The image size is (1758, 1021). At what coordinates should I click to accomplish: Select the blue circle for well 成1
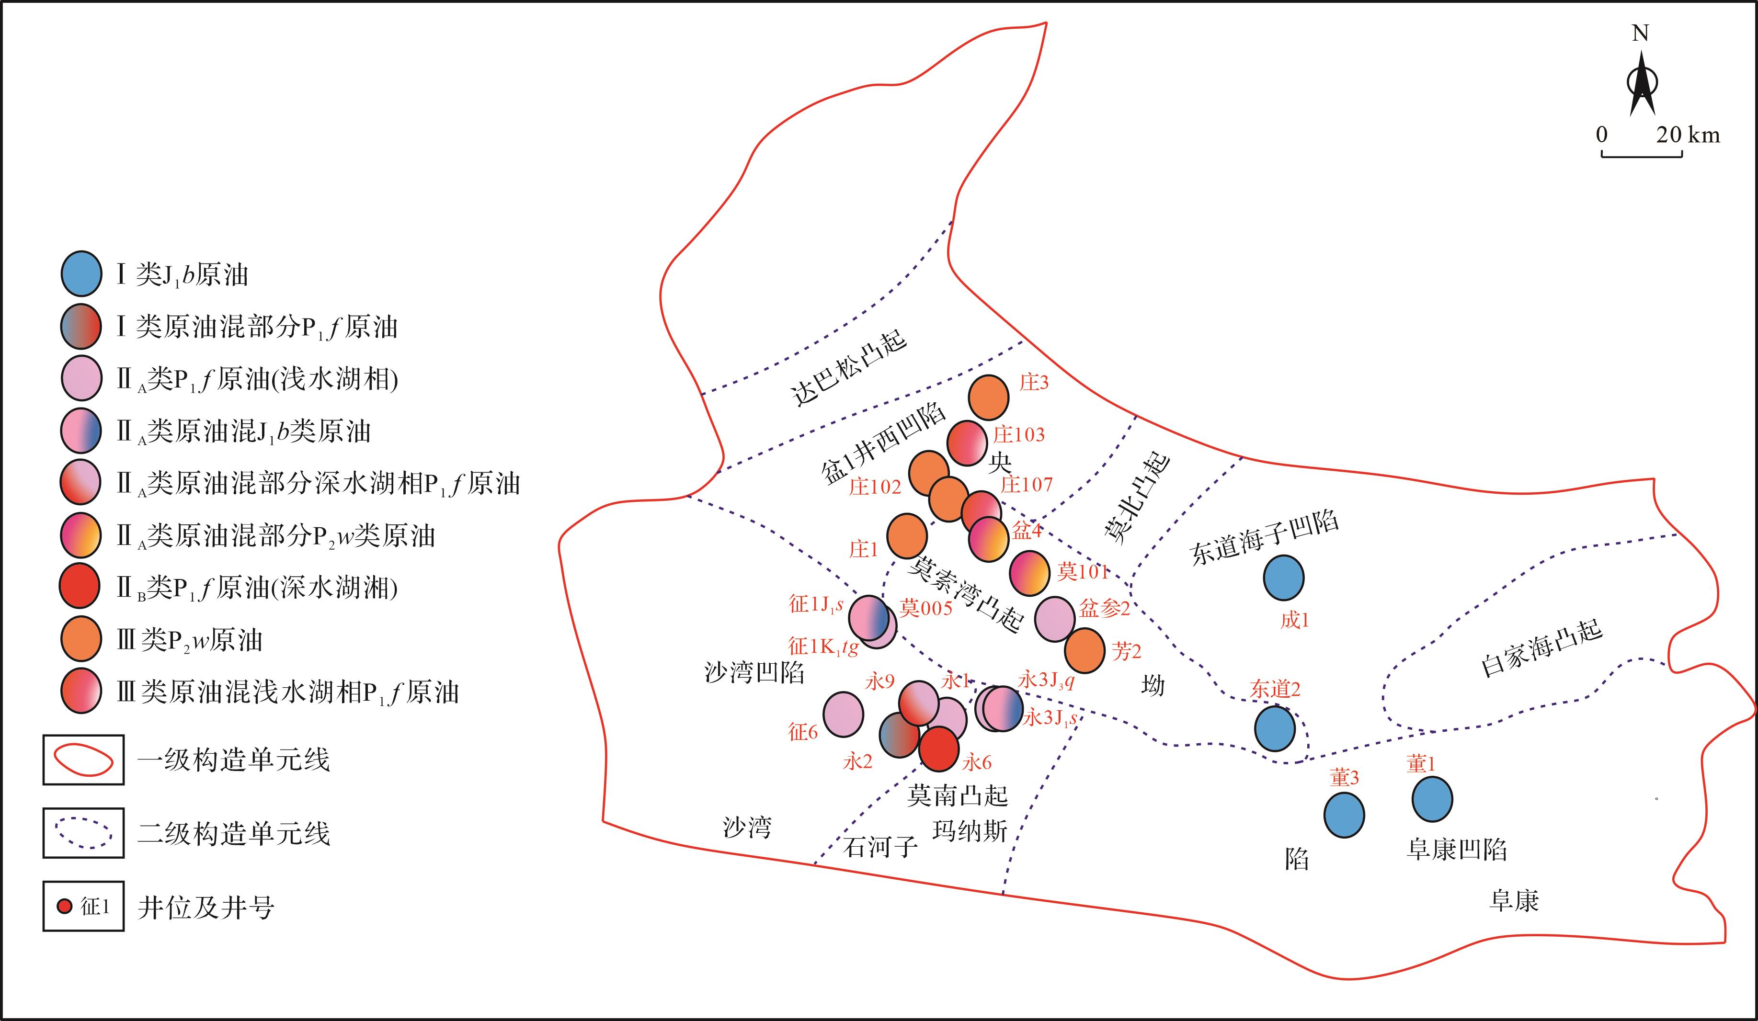point(1284,578)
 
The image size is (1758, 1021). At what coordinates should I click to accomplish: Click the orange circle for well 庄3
point(989,397)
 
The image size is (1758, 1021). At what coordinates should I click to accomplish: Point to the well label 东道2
point(1275,690)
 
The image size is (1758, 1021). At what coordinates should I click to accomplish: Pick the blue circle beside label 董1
point(1432,799)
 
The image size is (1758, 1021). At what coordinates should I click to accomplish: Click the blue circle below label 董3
point(1344,815)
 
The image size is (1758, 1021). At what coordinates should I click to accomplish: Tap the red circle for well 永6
point(939,749)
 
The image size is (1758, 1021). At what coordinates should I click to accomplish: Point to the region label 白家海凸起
point(1541,648)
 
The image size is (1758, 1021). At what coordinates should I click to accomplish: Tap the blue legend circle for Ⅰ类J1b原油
point(81,272)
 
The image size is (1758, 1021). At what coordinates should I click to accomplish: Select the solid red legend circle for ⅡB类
point(80,586)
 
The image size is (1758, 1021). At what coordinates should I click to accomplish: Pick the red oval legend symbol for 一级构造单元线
point(84,760)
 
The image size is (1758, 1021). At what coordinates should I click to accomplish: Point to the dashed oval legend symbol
point(84,833)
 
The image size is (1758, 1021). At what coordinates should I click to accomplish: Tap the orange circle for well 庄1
point(907,535)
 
